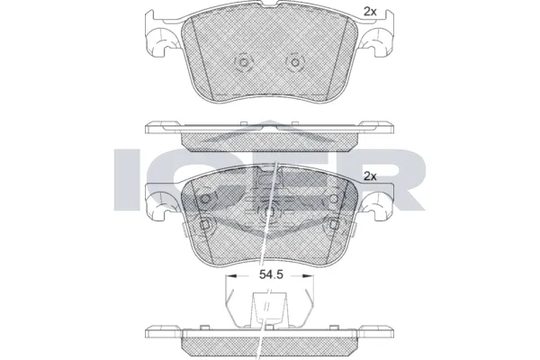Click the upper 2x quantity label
(369, 11)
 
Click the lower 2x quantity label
(369, 177)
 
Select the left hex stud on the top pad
(240, 63)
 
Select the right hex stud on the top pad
(292, 63)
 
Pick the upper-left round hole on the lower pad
(206, 198)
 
